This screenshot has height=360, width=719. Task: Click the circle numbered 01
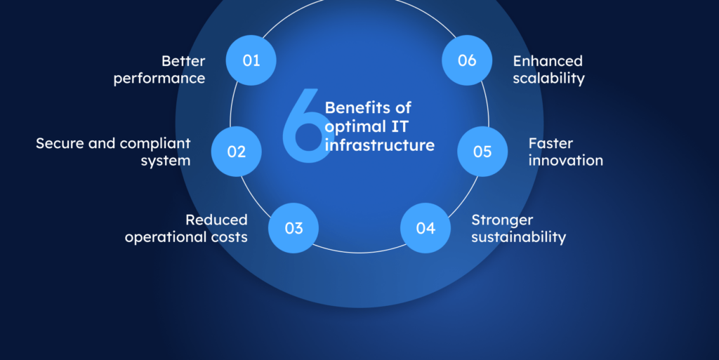click(x=251, y=60)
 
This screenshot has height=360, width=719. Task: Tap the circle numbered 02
click(x=237, y=151)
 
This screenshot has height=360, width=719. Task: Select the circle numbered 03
click(x=293, y=228)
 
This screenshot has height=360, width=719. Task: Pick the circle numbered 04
click(x=426, y=228)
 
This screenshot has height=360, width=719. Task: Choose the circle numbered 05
click(x=482, y=151)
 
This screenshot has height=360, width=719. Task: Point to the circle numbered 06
click(x=467, y=60)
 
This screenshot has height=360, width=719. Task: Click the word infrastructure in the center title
click(x=379, y=145)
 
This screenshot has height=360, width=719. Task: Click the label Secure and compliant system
click(x=113, y=152)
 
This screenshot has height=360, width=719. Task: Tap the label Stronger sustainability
click(x=518, y=229)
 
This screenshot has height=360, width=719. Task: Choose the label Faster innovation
click(x=565, y=152)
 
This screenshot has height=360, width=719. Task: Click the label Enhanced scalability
click(x=548, y=69)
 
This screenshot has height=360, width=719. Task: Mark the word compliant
click(x=155, y=143)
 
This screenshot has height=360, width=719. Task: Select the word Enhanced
click(x=548, y=61)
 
